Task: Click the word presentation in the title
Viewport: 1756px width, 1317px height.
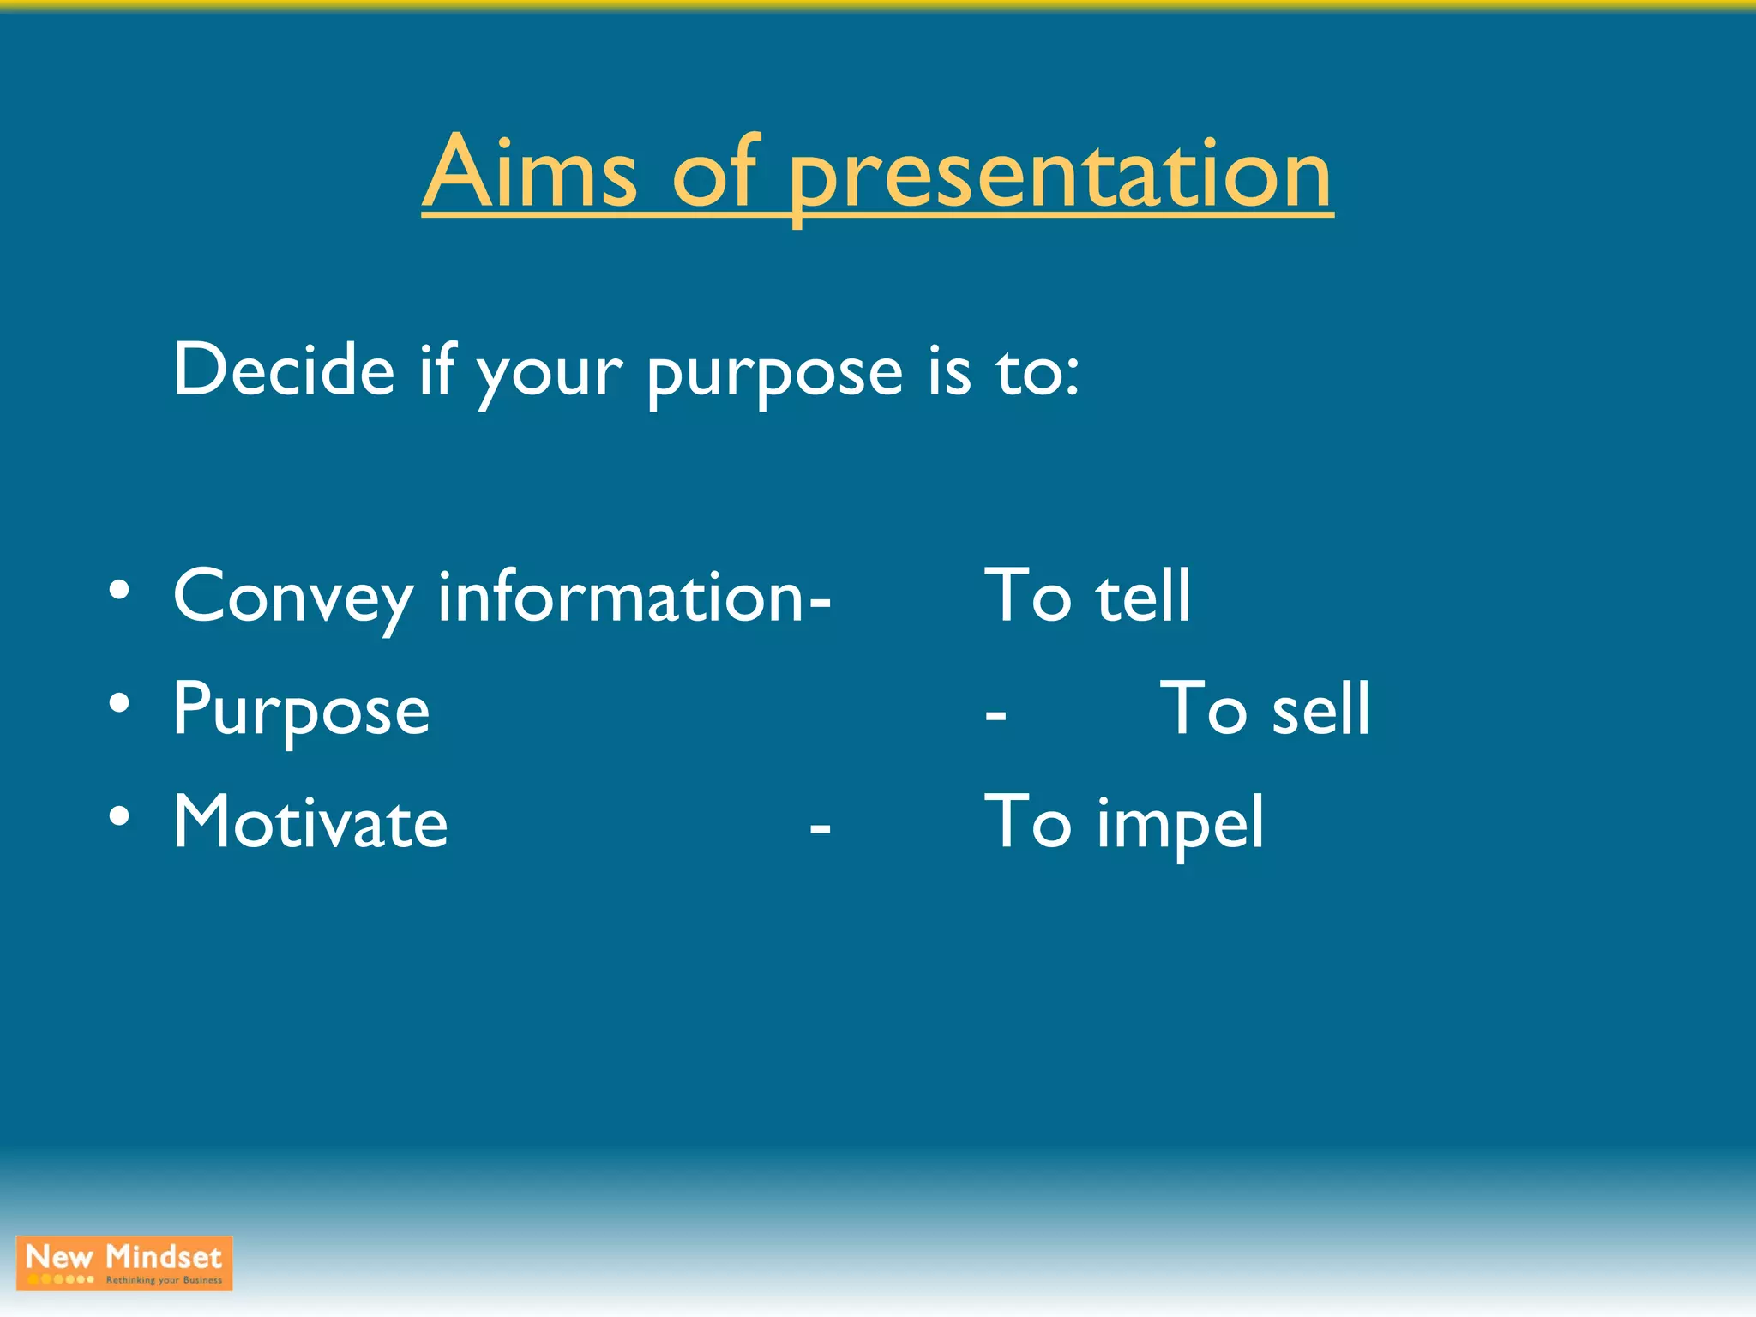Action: point(1060,180)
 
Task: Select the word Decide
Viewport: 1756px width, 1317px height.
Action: point(283,370)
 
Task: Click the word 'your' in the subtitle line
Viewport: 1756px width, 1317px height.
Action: point(549,377)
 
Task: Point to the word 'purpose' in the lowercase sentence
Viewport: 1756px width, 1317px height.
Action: point(774,377)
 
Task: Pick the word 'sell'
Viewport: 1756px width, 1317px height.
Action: point(1320,708)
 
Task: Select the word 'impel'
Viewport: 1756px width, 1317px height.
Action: point(1180,825)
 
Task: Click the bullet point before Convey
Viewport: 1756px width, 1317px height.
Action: point(119,591)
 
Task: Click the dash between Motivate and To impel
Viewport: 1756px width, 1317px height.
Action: point(820,828)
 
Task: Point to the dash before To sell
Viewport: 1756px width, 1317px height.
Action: point(995,715)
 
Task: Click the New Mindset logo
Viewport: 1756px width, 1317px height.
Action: point(124,1263)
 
